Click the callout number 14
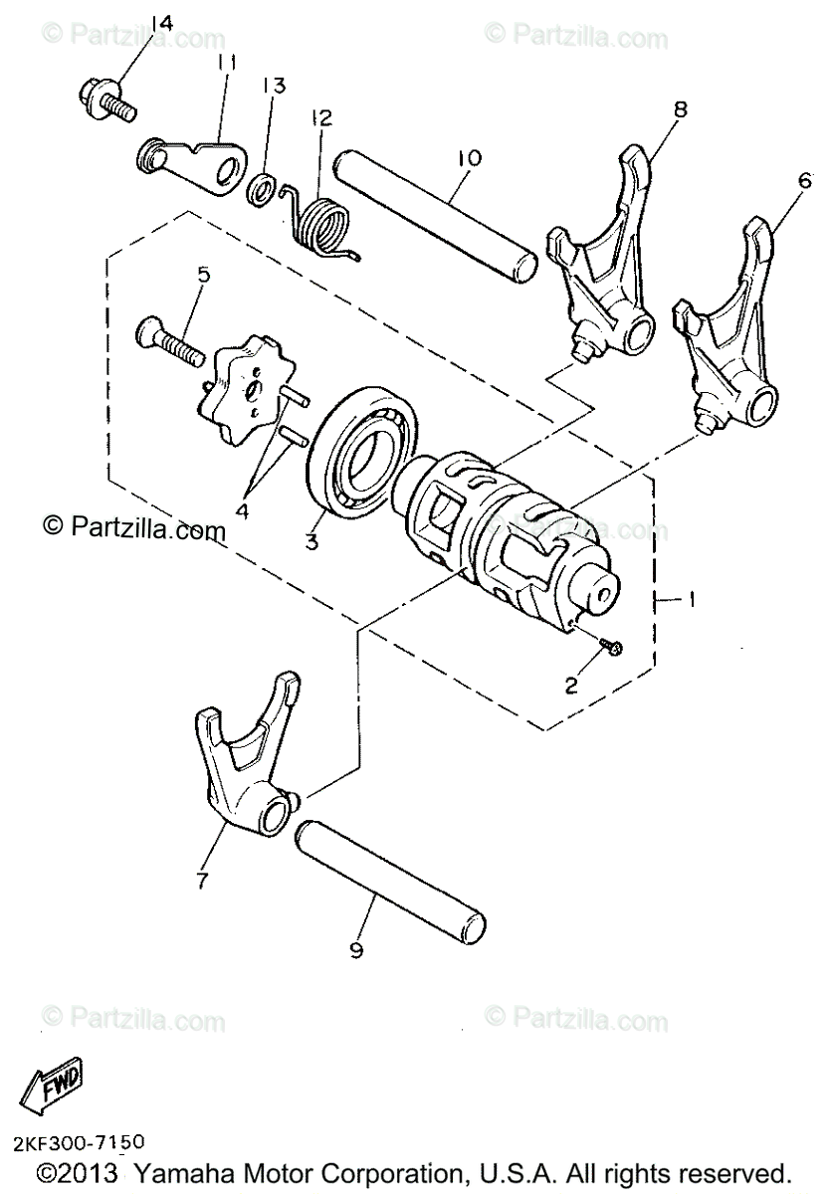[x=161, y=23]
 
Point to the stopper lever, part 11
[x=200, y=158]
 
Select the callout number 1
[x=690, y=599]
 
